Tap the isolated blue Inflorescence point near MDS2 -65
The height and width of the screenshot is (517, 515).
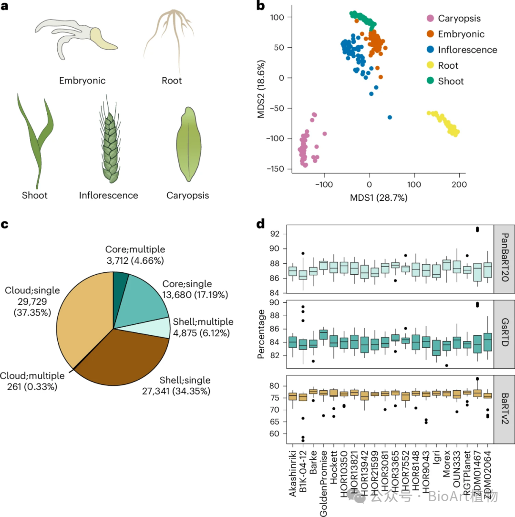point(390,117)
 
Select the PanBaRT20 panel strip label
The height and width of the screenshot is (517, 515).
point(504,259)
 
